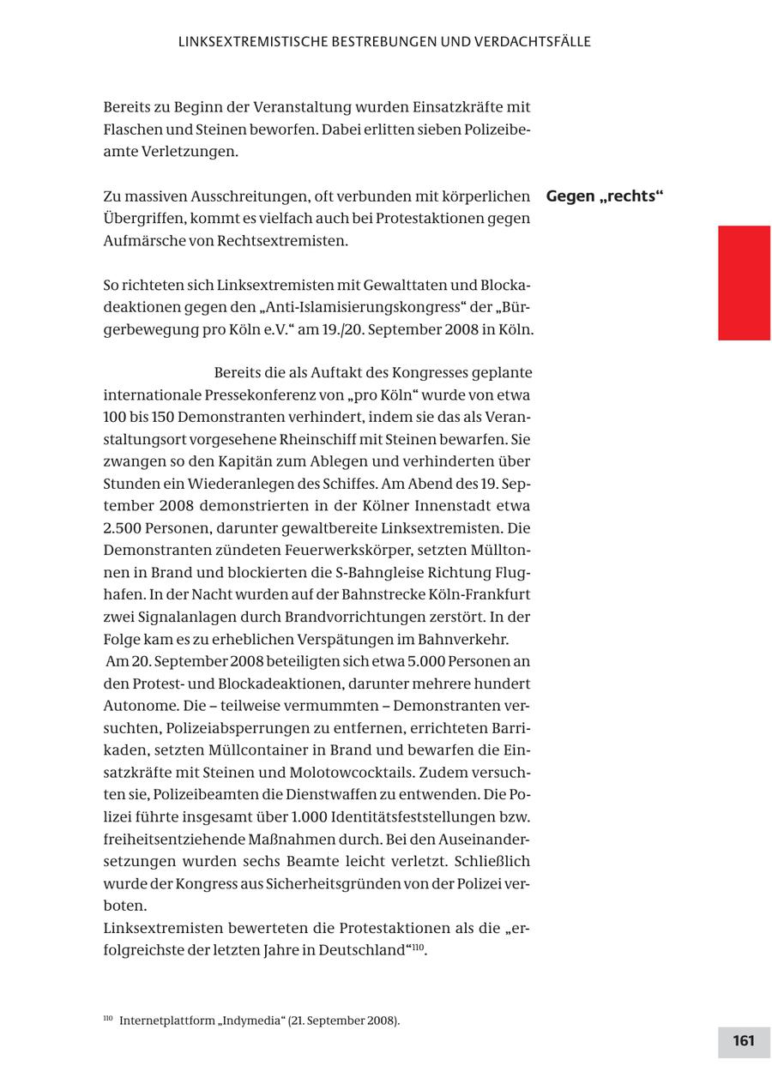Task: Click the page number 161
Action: point(744,1041)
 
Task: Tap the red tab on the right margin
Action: point(744,283)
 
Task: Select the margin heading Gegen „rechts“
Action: point(605,196)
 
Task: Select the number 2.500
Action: point(124,528)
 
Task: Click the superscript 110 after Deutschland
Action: point(418,947)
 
